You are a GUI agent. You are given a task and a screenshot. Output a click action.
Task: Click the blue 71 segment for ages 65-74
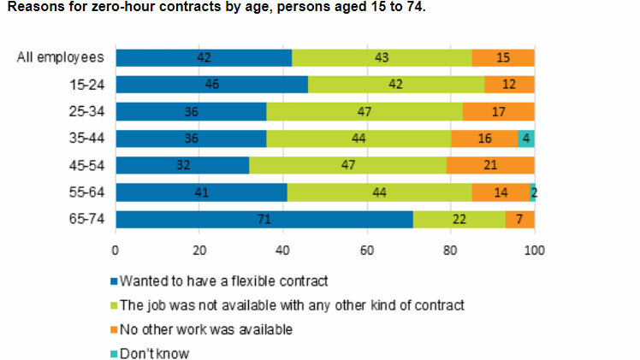(264, 220)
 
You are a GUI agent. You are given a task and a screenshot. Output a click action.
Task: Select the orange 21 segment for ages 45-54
(489, 165)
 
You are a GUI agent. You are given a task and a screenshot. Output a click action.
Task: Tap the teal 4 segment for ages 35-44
(526, 139)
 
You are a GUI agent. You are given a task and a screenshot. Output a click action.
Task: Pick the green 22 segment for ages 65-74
(459, 220)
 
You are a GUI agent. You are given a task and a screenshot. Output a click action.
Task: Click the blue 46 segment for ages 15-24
(211, 85)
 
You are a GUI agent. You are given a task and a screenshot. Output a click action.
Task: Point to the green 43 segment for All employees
(382, 57)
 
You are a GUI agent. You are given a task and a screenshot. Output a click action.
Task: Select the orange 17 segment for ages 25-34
(499, 112)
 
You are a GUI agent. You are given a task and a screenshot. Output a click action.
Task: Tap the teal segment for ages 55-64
(532, 192)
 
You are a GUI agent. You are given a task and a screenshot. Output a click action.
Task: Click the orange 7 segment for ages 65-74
(519, 220)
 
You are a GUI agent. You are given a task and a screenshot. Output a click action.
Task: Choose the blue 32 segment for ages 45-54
(182, 165)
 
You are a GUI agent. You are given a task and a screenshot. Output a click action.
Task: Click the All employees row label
(61, 57)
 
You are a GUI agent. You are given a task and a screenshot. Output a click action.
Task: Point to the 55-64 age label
(86, 192)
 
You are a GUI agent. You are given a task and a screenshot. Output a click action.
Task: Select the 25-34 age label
(86, 112)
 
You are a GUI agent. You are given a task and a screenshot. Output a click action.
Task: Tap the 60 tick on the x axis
(366, 251)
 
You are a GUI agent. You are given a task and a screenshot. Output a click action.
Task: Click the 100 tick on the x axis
(534, 251)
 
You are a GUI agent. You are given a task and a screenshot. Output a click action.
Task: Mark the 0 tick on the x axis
(116, 251)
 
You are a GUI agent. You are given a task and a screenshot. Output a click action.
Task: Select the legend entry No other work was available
(205, 328)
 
